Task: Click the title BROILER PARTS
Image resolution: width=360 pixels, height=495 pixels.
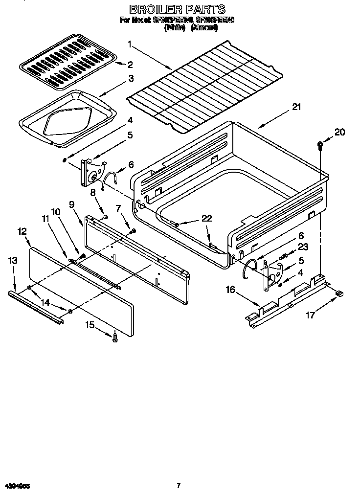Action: coord(177,9)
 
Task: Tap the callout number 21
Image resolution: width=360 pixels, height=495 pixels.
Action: coord(297,108)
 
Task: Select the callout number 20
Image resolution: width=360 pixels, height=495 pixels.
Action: coord(340,132)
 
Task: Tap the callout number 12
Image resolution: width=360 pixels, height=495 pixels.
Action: coord(22,230)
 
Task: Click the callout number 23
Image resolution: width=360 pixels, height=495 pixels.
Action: coord(303,247)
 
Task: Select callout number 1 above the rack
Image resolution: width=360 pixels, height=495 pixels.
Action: coord(130,45)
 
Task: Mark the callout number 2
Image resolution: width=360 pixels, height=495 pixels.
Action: coord(131,65)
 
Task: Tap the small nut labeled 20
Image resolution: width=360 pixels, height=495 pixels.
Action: coord(320,144)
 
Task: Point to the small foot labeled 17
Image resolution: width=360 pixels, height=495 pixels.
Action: coord(338,293)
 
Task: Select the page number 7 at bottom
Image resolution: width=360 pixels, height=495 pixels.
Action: coord(179,485)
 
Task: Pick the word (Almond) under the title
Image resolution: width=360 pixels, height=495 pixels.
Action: coord(204,28)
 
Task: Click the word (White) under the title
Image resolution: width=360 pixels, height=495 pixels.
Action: coord(175,28)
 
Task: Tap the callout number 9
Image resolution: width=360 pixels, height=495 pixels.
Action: coord(72,205)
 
